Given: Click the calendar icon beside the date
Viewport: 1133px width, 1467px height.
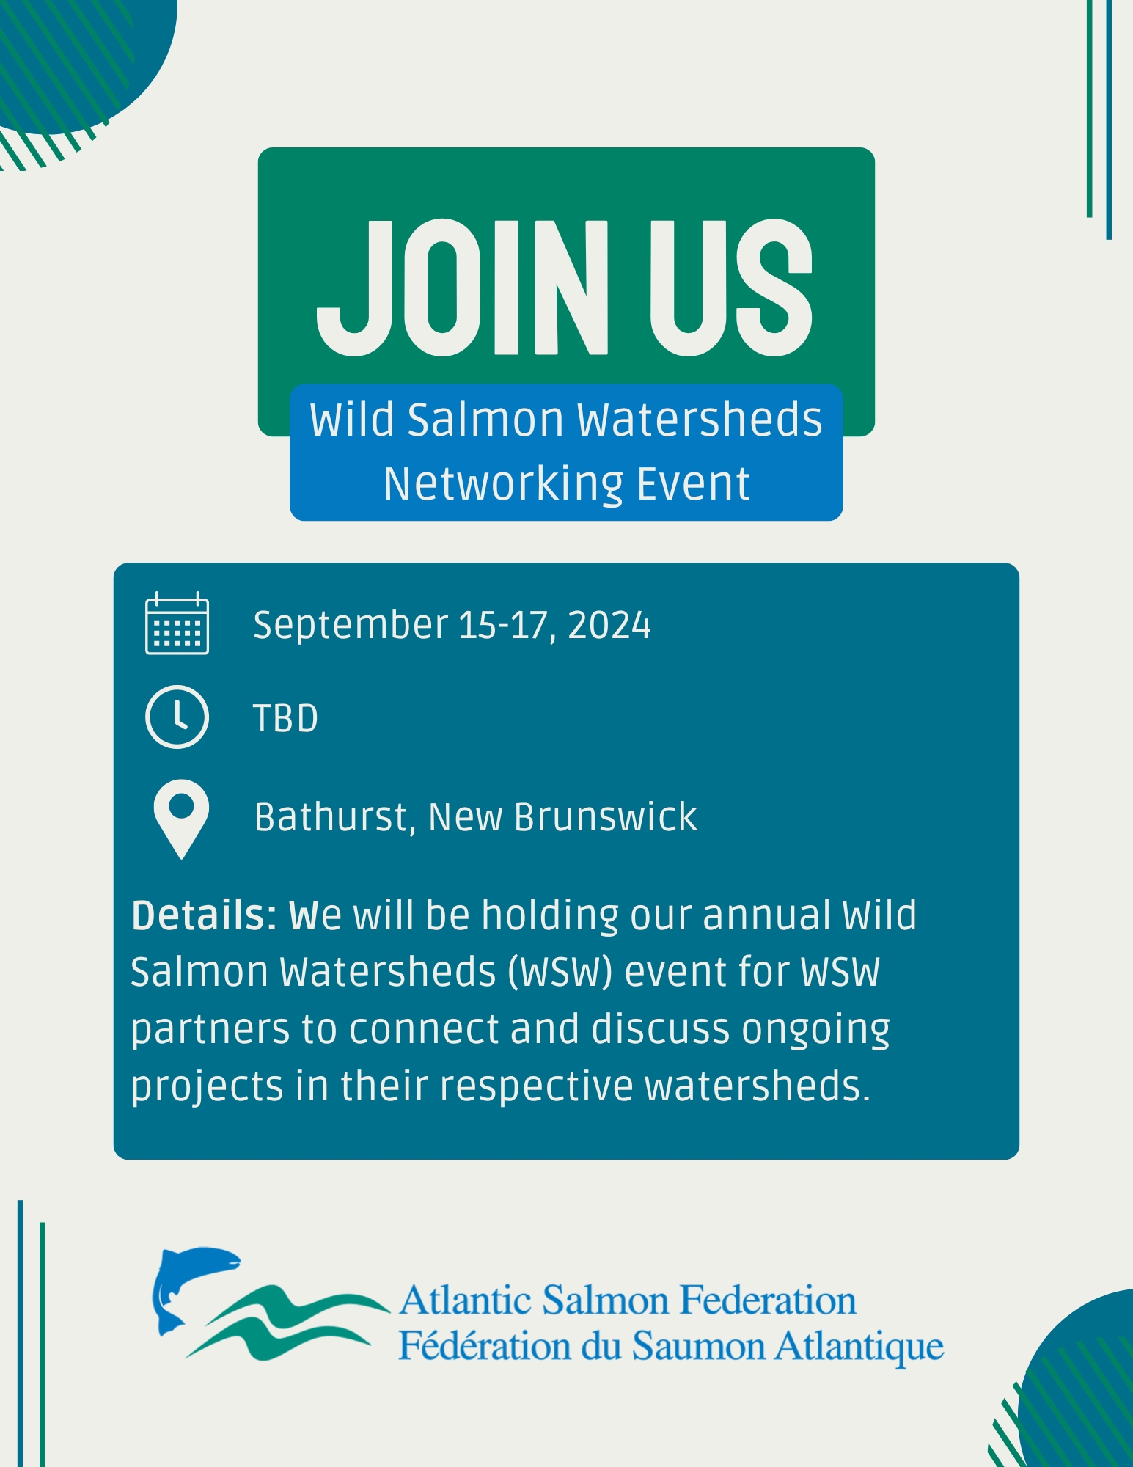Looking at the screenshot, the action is coord(177,623).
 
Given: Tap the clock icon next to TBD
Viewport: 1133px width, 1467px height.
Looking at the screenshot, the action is coord(177,717).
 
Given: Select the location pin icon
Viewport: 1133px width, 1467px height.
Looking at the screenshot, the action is coord(181,819).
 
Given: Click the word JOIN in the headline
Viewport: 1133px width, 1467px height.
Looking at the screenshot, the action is coord(463,287).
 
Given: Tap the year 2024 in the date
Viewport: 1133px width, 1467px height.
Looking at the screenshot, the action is coord(609,626).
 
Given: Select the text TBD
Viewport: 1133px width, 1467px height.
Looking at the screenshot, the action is coord(286,718).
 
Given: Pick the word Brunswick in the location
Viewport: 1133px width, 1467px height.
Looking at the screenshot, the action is coord(606,817).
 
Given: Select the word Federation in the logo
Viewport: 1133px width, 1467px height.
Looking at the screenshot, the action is coord(768,1300).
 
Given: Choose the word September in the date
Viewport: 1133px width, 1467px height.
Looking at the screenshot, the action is coord(351,626).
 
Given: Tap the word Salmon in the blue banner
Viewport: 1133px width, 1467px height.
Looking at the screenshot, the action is coord(485,420).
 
